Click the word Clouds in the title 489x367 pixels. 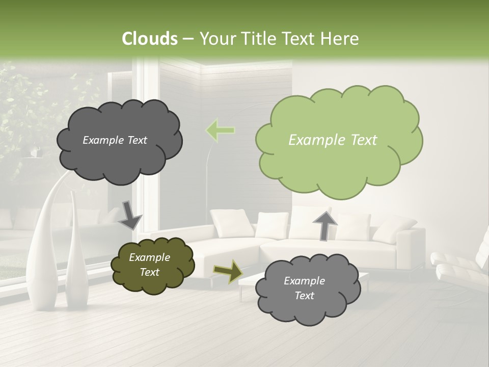[x=150, y=39]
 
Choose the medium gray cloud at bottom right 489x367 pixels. [x=306, y=289]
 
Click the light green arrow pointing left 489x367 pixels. [x=220, y=130]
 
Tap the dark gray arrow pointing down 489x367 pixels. [x=130, y=215]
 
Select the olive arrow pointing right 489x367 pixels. [x=228, y=271]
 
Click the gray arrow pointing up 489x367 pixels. [x=324, y=225]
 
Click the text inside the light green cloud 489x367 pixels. [x=333, y=140]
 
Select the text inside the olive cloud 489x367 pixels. [x=149, y=265]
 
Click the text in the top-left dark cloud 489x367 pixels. [x=115, y=140]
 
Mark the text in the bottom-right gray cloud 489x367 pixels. [x=304, y=288]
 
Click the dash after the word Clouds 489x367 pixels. [x=187, y=39]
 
